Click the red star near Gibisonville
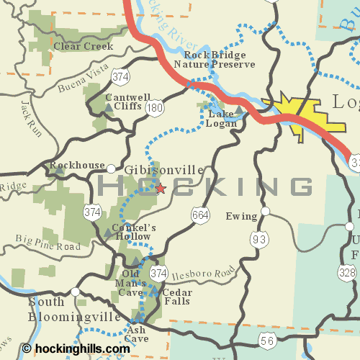[160, 188]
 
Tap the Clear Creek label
[84, 46]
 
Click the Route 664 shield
[201, 214]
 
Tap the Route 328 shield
[348, 272]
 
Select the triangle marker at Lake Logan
[239, 109]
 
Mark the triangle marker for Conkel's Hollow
[109, 233]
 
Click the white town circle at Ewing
[266, 211]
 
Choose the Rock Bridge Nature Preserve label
[219, 60]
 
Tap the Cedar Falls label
[176, 297]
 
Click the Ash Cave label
[136, 334]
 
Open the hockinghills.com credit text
[81, 348]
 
